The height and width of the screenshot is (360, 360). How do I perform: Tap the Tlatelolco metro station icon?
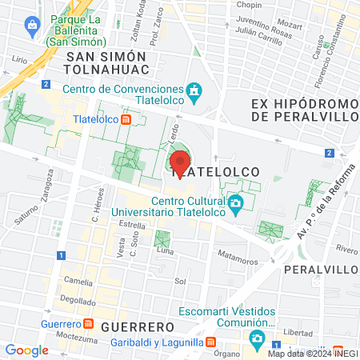coord(126,120)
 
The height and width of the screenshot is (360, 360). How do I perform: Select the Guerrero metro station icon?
coord(88,325)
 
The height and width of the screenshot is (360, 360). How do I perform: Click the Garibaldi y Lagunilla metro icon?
coord(210,342)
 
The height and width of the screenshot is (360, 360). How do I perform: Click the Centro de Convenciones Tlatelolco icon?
coord(194,94)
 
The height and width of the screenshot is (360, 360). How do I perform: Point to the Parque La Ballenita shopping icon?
coord(32,25)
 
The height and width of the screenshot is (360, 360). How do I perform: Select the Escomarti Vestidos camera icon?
coord(256,338)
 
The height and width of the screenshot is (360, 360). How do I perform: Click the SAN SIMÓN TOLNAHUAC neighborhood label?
coord(107,64)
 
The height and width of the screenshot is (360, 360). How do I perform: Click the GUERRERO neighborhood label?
coord(138,327)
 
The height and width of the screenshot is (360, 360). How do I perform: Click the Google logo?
coord(26,350)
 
